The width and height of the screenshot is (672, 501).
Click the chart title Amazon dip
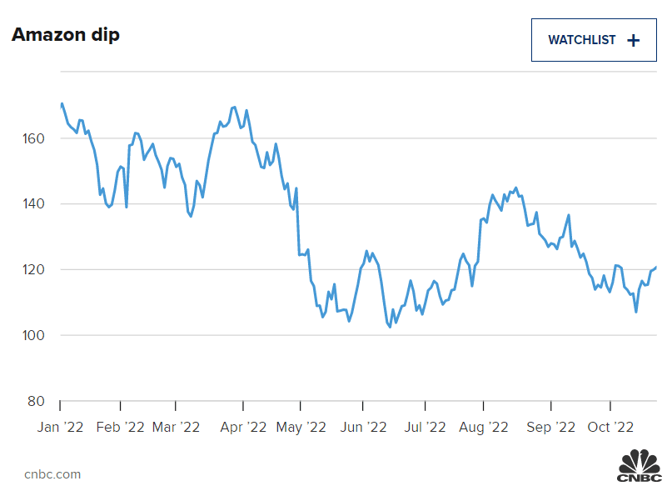[x=65, y=35]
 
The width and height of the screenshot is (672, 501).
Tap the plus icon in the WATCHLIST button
[x=634, y=40]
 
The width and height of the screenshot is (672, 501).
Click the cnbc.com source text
[x=52, y=474]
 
